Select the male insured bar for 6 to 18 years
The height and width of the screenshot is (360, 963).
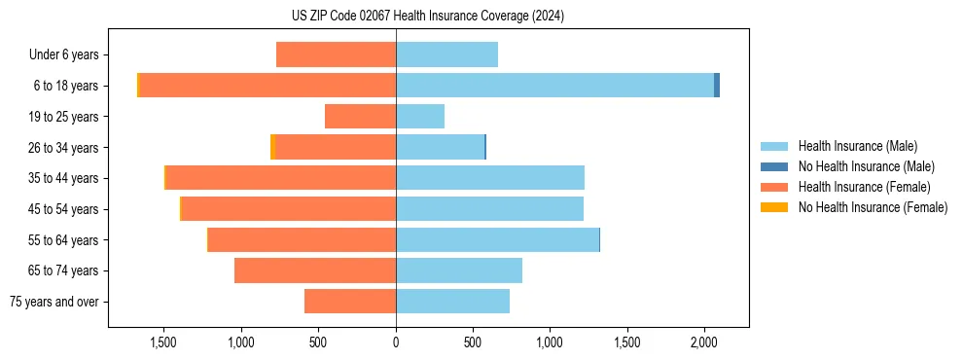pyautogui.click(x=554, y=86)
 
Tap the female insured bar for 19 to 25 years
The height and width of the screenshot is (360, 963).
pyautogui.click(x=360, y=117)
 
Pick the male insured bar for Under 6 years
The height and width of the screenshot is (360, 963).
pyautogui.click(x=446, y=54)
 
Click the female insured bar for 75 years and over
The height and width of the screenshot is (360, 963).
pyautogui.click(x=350, y=302)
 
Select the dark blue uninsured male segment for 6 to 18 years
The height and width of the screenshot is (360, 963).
pyautogui.click(x=717, y=86)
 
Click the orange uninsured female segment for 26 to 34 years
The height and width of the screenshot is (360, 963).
pyautogui.click(x=272, y=147)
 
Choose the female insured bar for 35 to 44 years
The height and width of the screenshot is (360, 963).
pyautogui.click(x=281, y=178)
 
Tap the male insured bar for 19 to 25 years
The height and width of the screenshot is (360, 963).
pyautogui.click(x=420, y=117)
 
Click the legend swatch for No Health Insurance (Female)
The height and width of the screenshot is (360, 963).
pyautogui.click(x=774, y=207)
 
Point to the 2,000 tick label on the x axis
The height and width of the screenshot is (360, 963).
pyautogui.click(x=704, y=342)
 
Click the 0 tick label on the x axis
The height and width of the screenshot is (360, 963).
pyautogui.click(x=396, y=342)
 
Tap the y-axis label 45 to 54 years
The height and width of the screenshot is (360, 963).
pyautogui.click(x=63, y=209)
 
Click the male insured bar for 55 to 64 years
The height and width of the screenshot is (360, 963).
pyautogui.click(x=497, y=239)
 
